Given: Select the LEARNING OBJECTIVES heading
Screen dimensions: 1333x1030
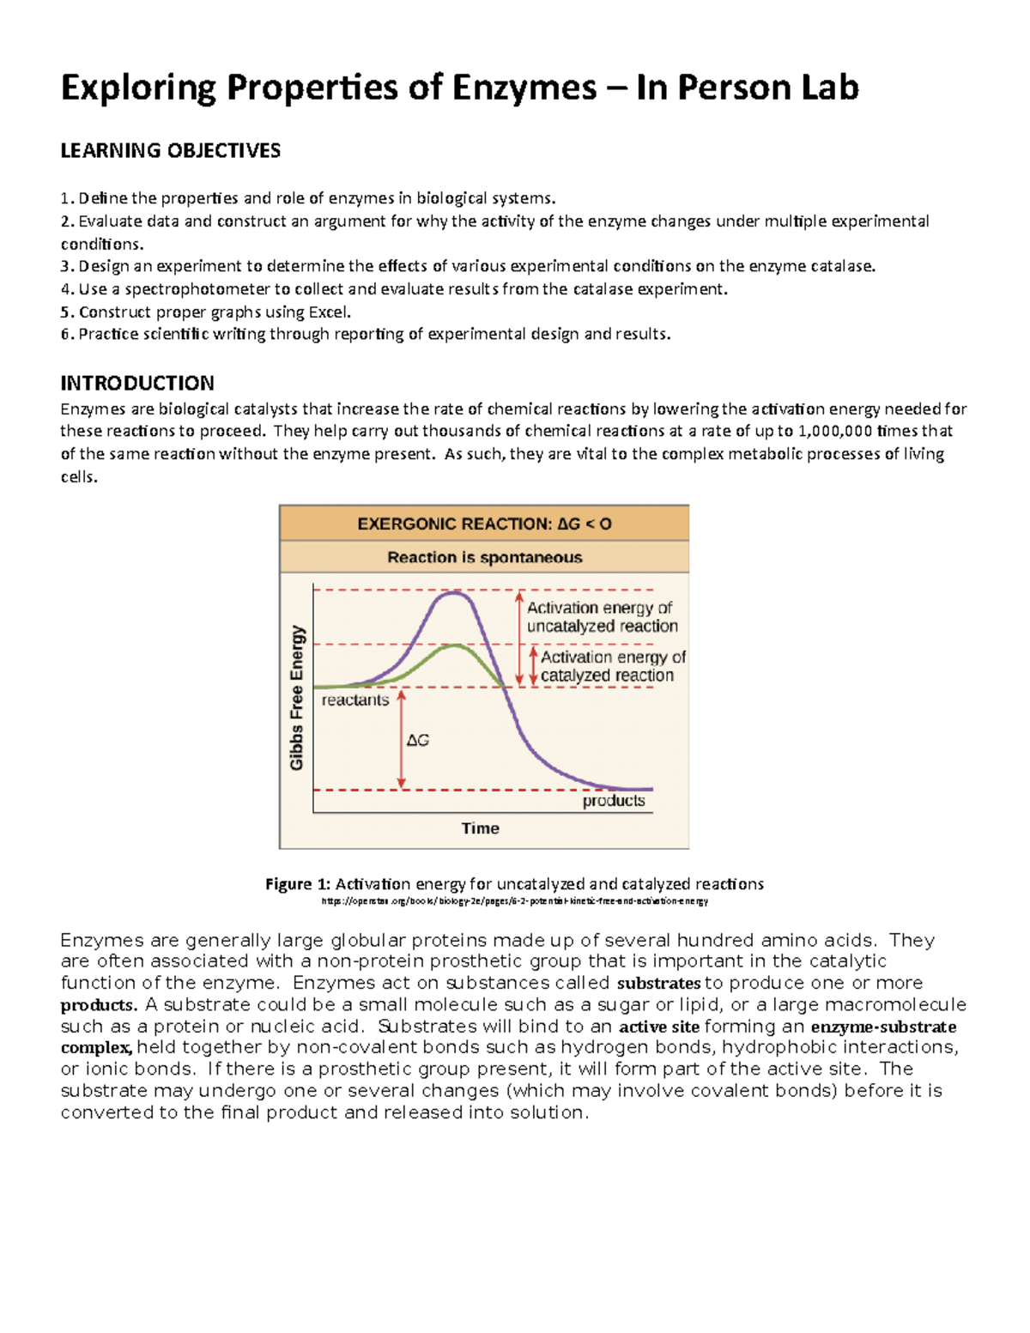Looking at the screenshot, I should [170, 151].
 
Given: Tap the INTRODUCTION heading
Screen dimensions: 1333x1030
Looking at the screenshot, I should [137, 383].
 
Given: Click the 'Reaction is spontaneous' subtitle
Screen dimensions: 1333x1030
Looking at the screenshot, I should [484, 558].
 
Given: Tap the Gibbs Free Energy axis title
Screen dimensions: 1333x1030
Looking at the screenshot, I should [297, 697].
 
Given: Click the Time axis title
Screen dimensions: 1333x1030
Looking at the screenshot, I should [480, 828].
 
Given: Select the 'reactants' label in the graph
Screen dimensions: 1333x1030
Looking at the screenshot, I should [355, 700].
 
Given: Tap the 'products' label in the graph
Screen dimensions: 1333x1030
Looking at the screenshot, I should [614, 801].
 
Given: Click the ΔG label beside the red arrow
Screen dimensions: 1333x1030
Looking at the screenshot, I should [418, 740].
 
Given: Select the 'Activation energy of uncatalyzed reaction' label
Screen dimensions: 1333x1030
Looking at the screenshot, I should [602, 617].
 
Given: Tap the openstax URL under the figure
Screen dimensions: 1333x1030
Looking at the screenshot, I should [514, 901].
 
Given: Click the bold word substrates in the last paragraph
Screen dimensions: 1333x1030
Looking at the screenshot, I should [658, 984].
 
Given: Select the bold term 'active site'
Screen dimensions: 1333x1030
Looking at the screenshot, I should [658, 1027].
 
